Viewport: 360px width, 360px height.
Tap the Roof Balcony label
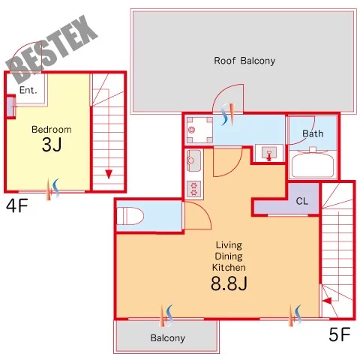(244, 61)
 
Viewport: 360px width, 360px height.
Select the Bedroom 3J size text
(52, 145)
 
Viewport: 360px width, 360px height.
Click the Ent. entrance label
(28, 90)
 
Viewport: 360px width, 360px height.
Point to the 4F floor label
(17, 206)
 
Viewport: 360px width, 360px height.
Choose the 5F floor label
(340, 334)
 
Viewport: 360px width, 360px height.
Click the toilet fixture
(130, 216)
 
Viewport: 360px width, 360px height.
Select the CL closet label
(302, 201)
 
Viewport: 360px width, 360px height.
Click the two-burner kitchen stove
(194, 189)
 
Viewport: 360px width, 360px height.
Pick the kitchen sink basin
(193, 160)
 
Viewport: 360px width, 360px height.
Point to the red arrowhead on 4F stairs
(109, 174)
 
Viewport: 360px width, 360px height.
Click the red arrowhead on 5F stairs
(327, 301)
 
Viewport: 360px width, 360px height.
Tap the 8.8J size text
(229, 283)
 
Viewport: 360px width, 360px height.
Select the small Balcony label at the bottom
(168, 338)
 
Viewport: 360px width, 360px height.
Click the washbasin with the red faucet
(269, 153)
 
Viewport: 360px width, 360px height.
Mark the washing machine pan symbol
(199, 130)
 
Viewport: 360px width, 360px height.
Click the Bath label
(313, 133)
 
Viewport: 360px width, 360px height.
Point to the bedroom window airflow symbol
(53, 189)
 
